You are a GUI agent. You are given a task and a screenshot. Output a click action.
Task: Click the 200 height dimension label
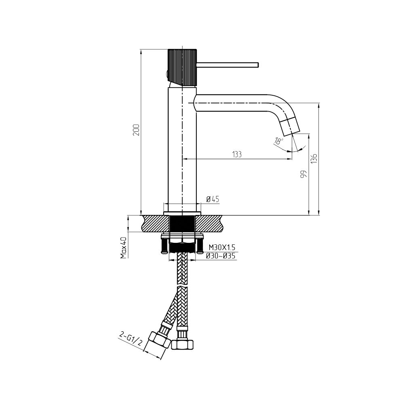[136, 130]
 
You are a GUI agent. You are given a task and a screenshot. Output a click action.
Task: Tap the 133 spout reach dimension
[237, 154]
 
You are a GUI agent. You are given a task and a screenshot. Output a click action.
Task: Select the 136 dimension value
[314, 158]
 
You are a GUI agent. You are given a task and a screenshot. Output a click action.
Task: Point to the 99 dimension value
[304, 174]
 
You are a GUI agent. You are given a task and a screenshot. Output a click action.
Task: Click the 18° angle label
[279, 141]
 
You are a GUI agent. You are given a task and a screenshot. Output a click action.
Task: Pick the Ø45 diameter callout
[213, 199]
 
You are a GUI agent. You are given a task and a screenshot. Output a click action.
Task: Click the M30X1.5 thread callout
[222, 248]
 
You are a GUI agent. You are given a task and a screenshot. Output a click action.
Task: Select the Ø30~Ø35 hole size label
[221, 256]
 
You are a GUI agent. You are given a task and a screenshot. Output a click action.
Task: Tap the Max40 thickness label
[124, 248]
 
